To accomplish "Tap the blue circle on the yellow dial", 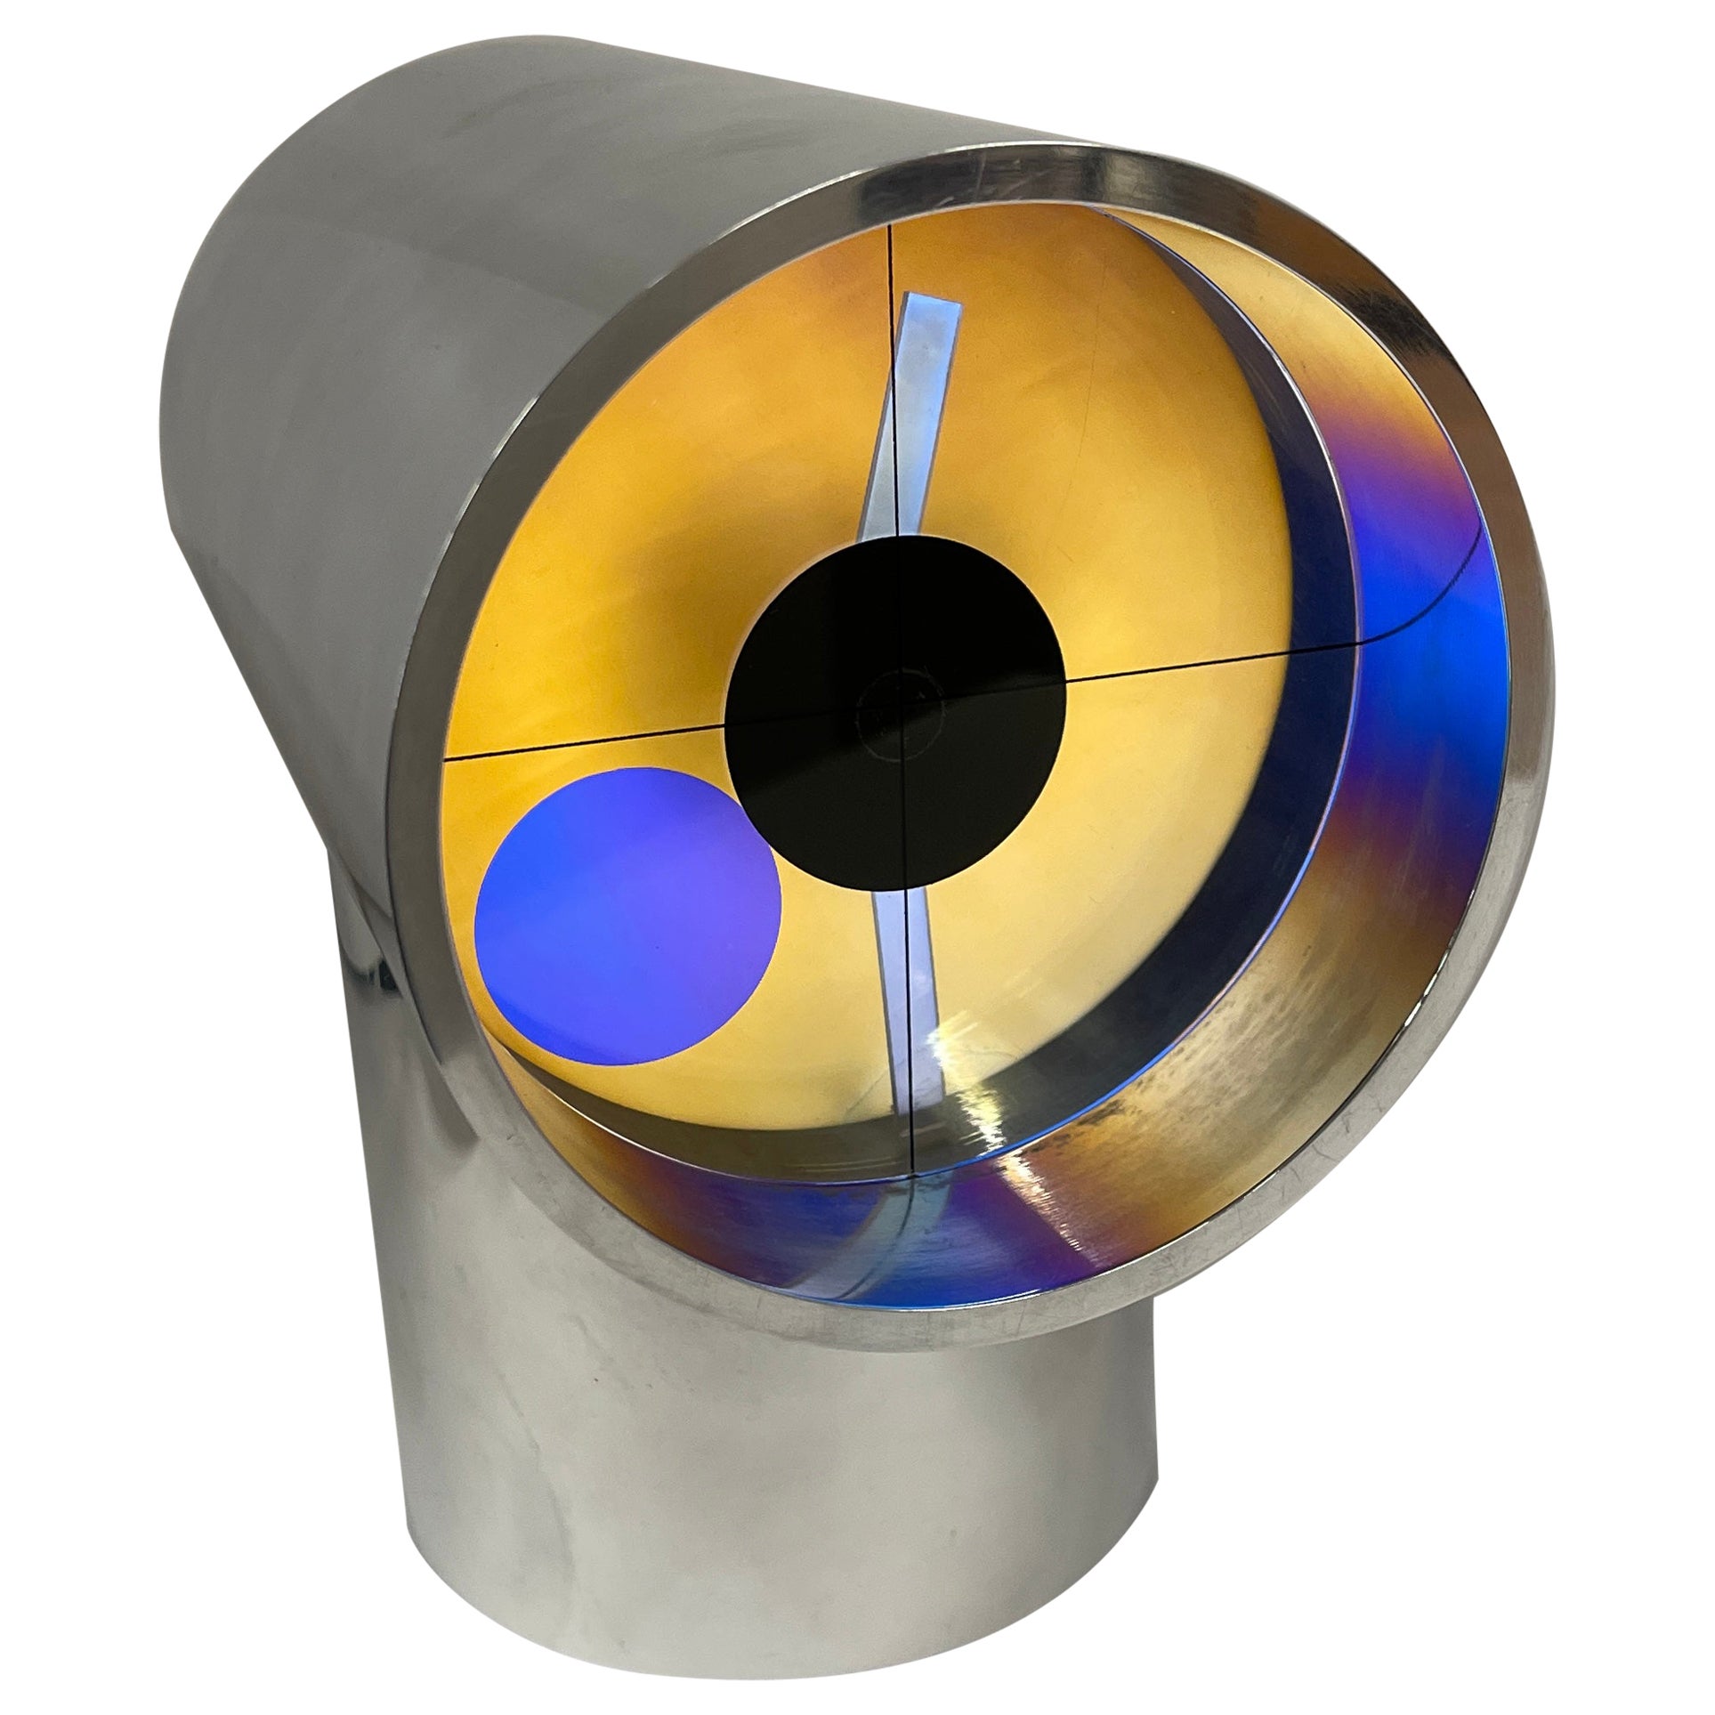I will tap(628, 922).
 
